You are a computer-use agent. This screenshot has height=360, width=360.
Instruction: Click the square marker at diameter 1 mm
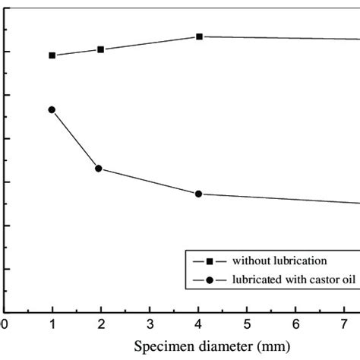(52, 55)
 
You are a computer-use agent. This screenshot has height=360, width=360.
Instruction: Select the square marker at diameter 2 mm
(101, 49)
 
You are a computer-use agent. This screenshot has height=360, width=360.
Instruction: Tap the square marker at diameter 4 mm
(199, 36)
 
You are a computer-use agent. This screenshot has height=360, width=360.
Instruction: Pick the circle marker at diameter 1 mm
(52, 110)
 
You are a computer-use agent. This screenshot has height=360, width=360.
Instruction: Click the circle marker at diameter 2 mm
(98, 168)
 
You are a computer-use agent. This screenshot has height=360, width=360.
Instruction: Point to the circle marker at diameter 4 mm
(198, 194)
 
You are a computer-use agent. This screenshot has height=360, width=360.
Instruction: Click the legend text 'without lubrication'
(279, 261)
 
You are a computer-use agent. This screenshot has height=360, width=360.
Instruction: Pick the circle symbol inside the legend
(210, 279)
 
